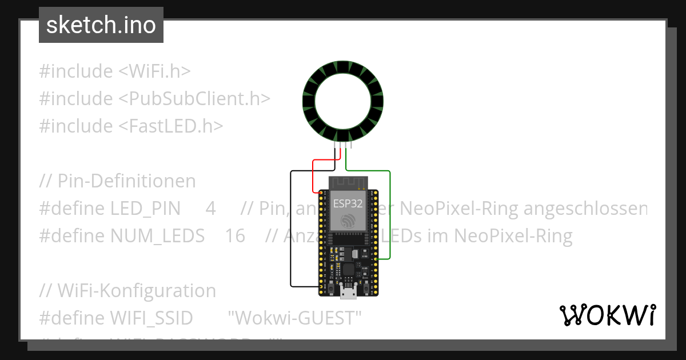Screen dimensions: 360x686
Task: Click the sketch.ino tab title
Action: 101,25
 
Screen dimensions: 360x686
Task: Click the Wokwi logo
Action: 608,315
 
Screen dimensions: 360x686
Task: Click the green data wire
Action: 390,217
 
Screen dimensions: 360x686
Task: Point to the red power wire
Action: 313,177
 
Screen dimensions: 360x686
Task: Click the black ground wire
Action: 291,229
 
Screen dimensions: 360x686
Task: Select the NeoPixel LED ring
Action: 343,102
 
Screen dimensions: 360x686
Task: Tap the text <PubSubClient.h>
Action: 194,99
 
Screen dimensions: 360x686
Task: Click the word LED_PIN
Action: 145,209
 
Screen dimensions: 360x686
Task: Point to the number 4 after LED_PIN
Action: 210,209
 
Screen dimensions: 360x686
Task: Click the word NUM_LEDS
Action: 157,236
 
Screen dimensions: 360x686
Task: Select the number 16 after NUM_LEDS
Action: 235,236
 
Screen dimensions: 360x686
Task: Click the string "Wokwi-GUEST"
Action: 295,318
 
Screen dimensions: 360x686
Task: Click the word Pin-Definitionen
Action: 127,181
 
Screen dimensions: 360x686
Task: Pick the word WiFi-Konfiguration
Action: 137,291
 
